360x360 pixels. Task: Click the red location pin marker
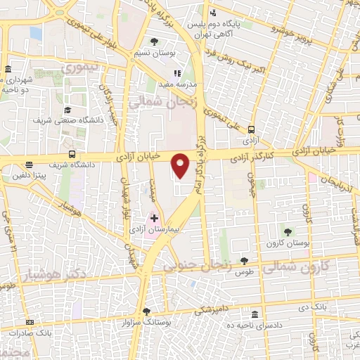click(181, 165)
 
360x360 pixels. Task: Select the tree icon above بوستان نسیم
click(154, 41)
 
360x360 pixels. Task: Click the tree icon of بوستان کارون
click(288, 231)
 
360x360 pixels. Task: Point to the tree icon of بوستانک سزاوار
click(146, 311)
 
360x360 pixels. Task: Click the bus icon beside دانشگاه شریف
click(72, 155)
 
